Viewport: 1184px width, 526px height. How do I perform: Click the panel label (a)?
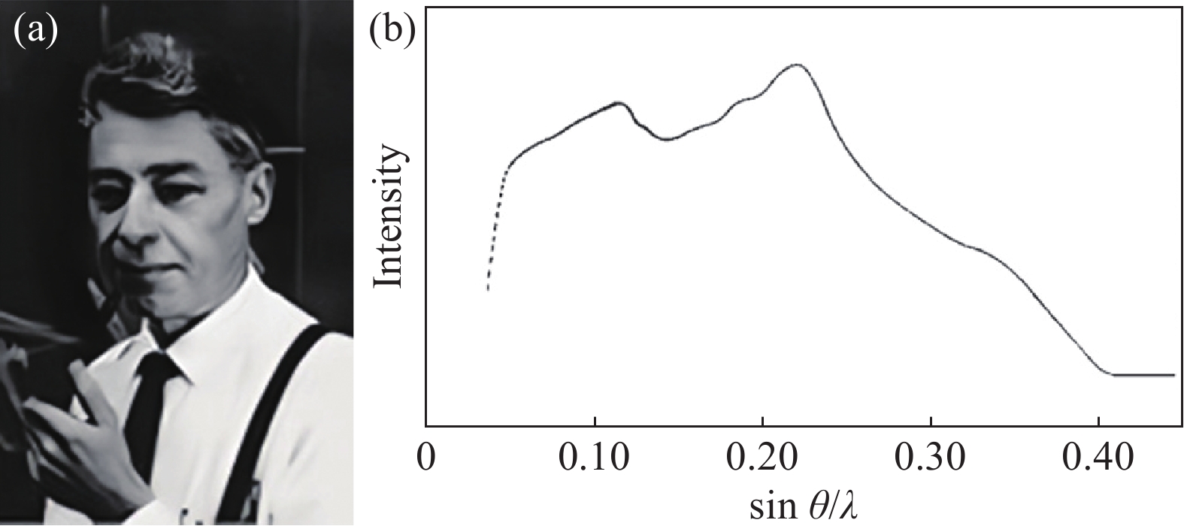36,32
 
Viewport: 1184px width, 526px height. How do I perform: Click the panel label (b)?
392,32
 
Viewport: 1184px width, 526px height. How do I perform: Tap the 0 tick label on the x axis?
426,458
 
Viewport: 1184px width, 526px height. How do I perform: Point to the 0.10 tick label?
594,458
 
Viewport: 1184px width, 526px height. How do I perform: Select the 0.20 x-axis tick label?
762,458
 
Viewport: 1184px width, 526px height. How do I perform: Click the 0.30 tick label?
931,458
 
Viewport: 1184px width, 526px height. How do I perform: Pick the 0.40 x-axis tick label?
1098,458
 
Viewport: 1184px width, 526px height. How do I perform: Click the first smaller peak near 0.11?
618,103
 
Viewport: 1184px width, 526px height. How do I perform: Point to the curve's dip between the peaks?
666,139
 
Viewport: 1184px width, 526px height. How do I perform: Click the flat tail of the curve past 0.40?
1143,374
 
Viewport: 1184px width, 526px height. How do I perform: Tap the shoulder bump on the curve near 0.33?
977,248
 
